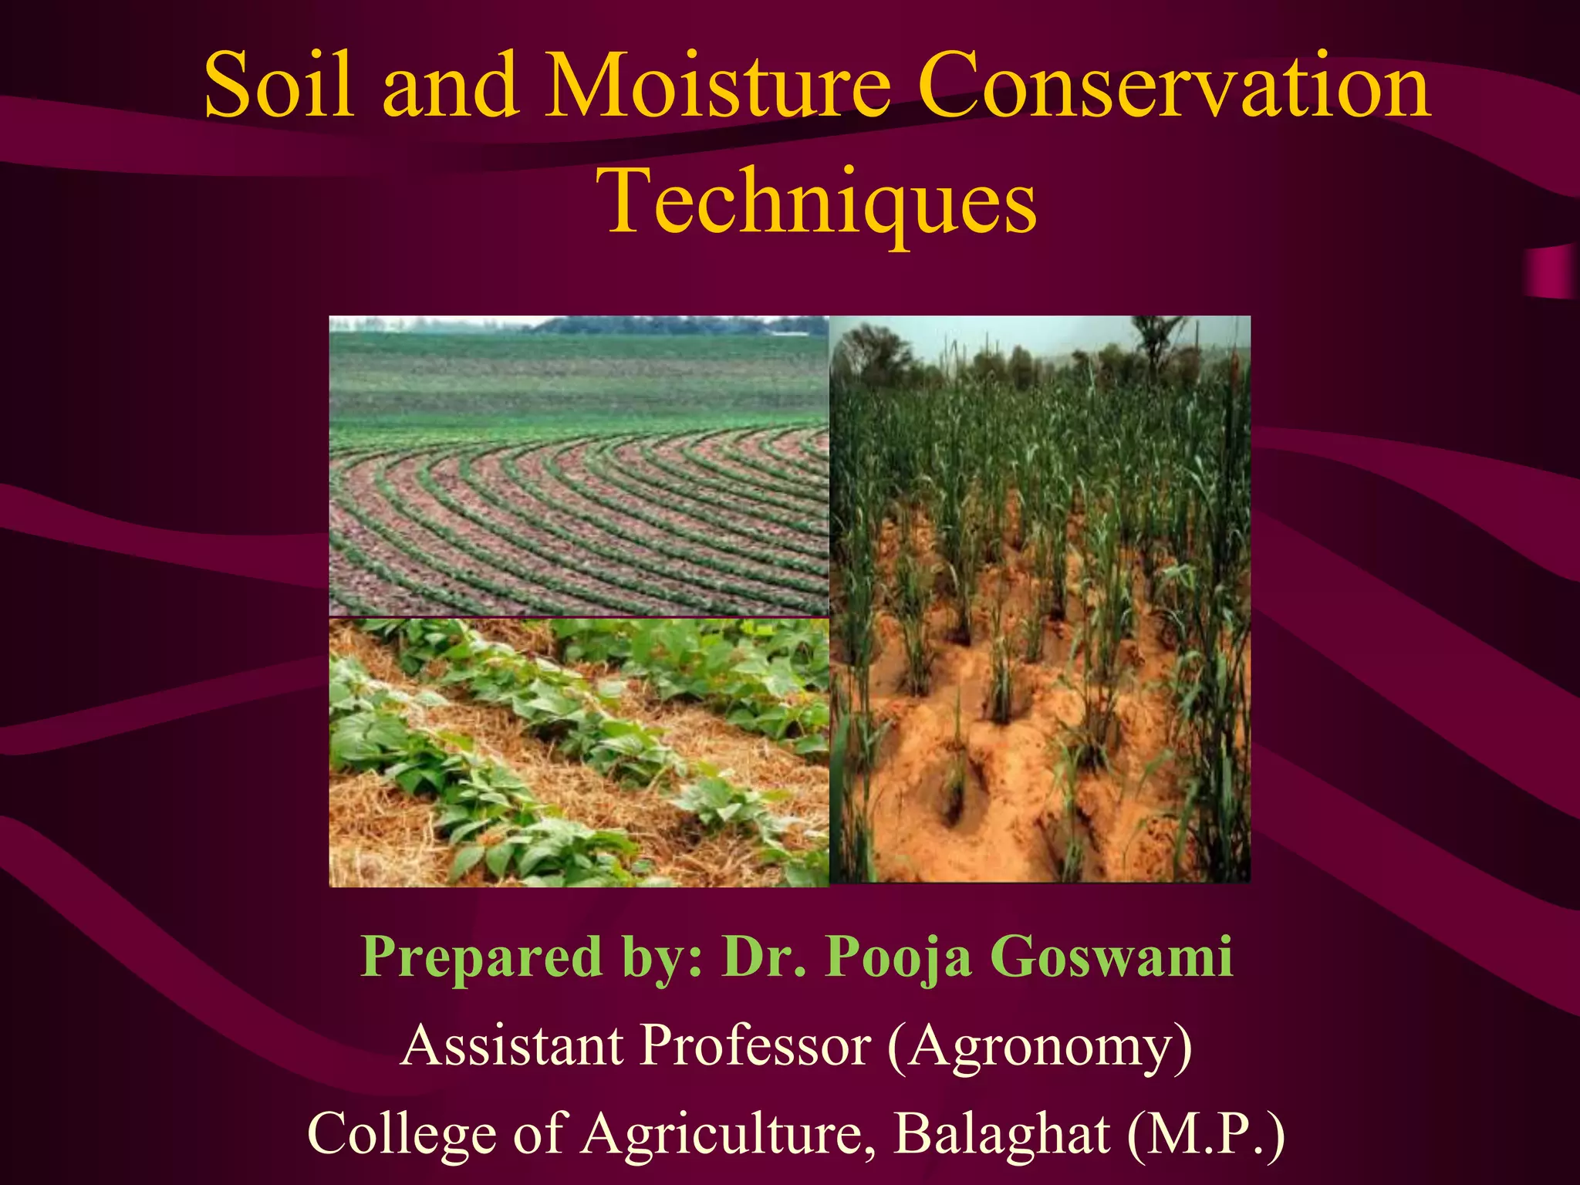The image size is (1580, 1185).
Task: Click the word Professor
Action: (756, 1045)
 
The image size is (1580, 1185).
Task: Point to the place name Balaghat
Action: (1002, 1133)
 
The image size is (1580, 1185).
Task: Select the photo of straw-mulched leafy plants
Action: (579, 752)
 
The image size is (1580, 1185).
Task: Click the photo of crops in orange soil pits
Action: (1040, 599)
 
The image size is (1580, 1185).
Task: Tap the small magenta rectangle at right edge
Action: (1551, 272)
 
